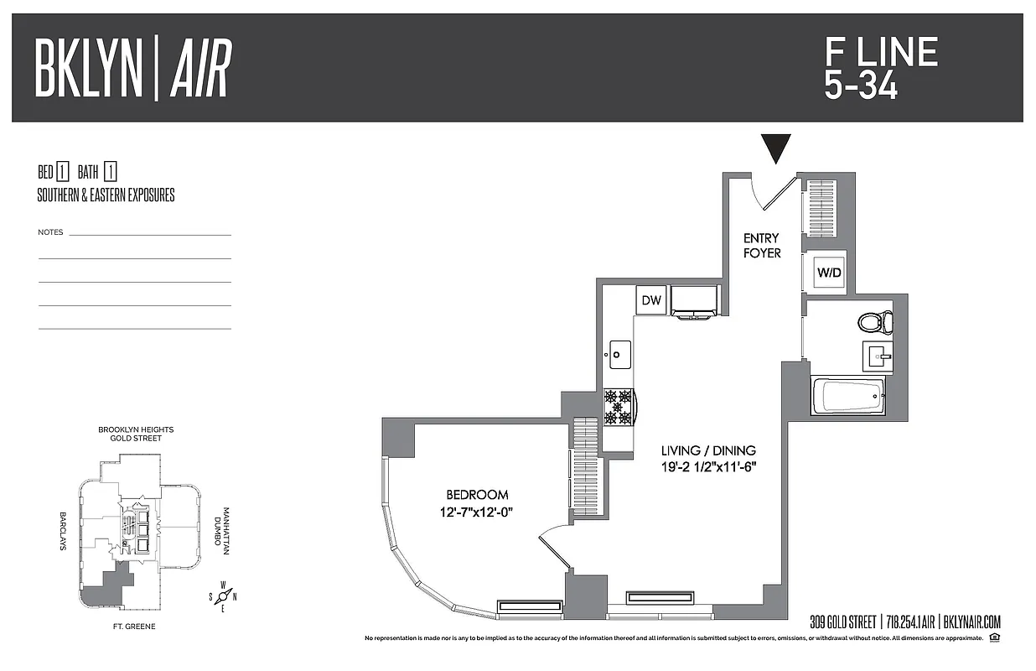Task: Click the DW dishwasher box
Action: (x=650, y=300)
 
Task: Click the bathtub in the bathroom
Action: (x=847, y=394)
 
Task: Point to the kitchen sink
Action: (x=618, y=354)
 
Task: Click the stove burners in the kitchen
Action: (x=618, y=406)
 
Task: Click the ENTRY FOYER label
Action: (x=761, y=246)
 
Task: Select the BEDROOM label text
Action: (x=476, y=495)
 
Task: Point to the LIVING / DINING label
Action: (x=708, y=450)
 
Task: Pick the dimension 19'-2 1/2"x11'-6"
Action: (x=708, y=467)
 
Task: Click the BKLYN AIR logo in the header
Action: (x=132, y=68)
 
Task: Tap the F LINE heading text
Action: (x=880, y=53)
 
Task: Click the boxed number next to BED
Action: (x=62, y=173)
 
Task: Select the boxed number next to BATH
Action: (x=111, y=173)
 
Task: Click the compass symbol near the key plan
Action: (x=224, y=596)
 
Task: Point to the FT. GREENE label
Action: (x=134, y=627)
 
